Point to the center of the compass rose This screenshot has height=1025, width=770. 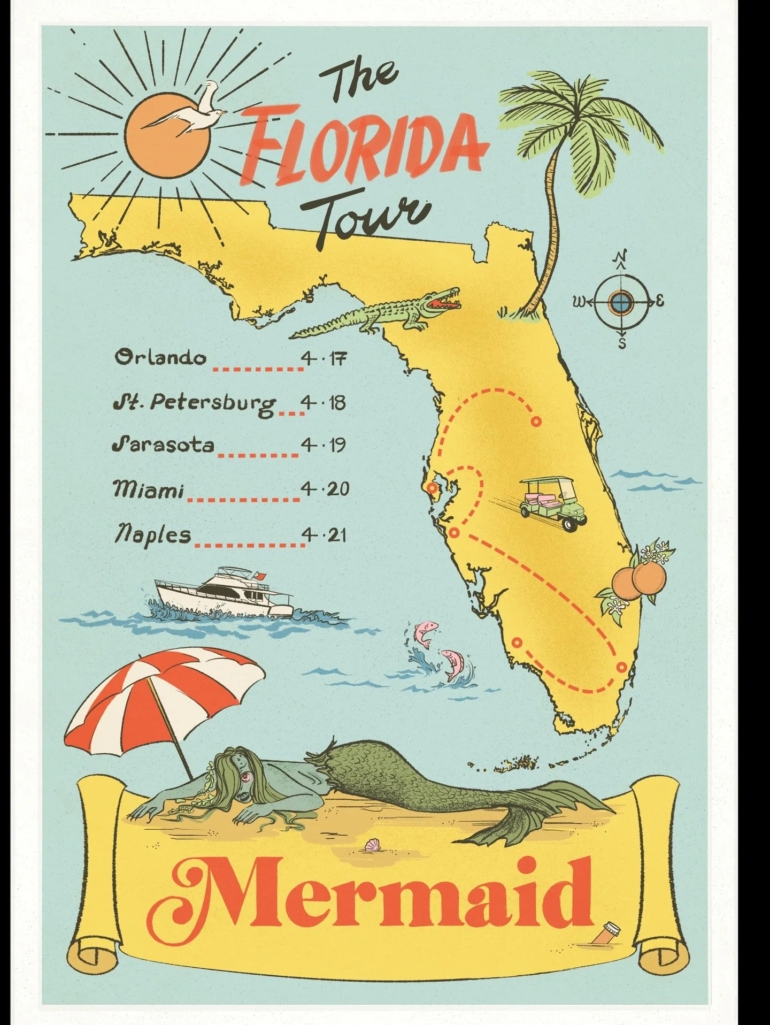click(x=621, y=303)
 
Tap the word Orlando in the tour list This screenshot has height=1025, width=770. click(x=160, y=357)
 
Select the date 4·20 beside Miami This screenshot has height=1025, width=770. click(x=325, y=488)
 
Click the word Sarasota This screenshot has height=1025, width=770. click(x=163, y=445)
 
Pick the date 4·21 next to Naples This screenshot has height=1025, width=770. click(x=324, y=534)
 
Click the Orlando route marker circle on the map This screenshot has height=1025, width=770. click(x=536, y=422)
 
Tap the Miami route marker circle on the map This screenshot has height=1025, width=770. click(x=621, y=667)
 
